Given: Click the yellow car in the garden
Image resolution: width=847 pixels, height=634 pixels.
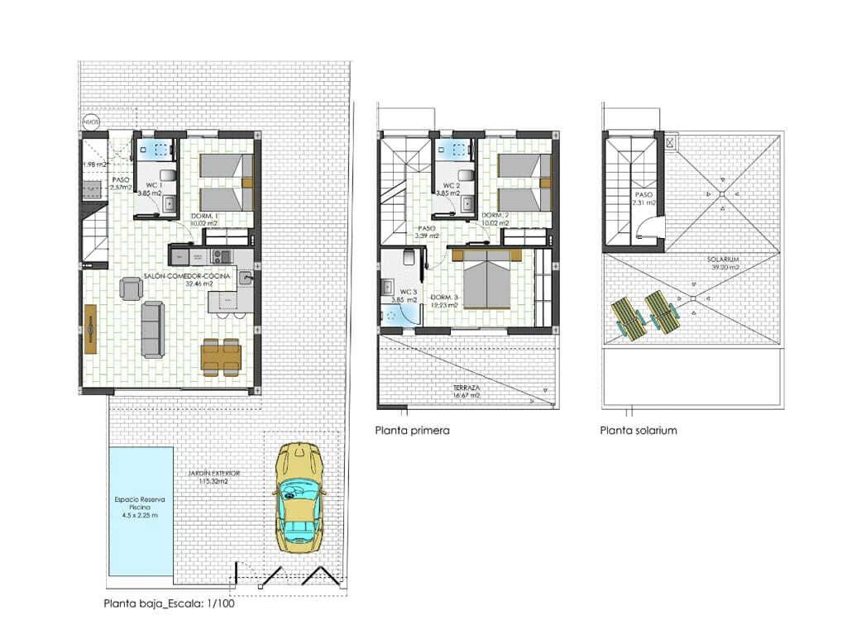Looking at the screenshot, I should pos(300,498).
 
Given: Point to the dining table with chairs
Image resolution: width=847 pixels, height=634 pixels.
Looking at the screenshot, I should pos(221,356).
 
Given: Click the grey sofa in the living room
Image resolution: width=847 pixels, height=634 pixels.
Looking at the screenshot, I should pos(152,329).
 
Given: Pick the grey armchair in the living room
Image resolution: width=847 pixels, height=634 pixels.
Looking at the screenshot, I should pos(132,288).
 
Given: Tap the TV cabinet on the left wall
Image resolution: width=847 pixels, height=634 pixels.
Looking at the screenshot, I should pos(89,329).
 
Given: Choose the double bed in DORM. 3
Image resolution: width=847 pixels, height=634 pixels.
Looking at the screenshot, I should pos(488,282).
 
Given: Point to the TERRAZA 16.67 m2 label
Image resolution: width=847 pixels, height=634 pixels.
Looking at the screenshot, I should pos(467,391).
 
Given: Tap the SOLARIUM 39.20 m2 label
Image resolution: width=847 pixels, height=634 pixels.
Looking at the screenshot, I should pos(724,263).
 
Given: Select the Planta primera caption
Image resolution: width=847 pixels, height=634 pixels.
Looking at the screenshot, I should pos(412,431).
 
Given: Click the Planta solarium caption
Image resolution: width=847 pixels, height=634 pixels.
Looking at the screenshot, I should pos(639,431).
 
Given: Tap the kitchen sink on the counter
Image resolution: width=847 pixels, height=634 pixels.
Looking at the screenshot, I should pos(246,279).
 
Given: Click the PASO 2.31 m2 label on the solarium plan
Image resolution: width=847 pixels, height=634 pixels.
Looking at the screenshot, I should pos(644,198).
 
